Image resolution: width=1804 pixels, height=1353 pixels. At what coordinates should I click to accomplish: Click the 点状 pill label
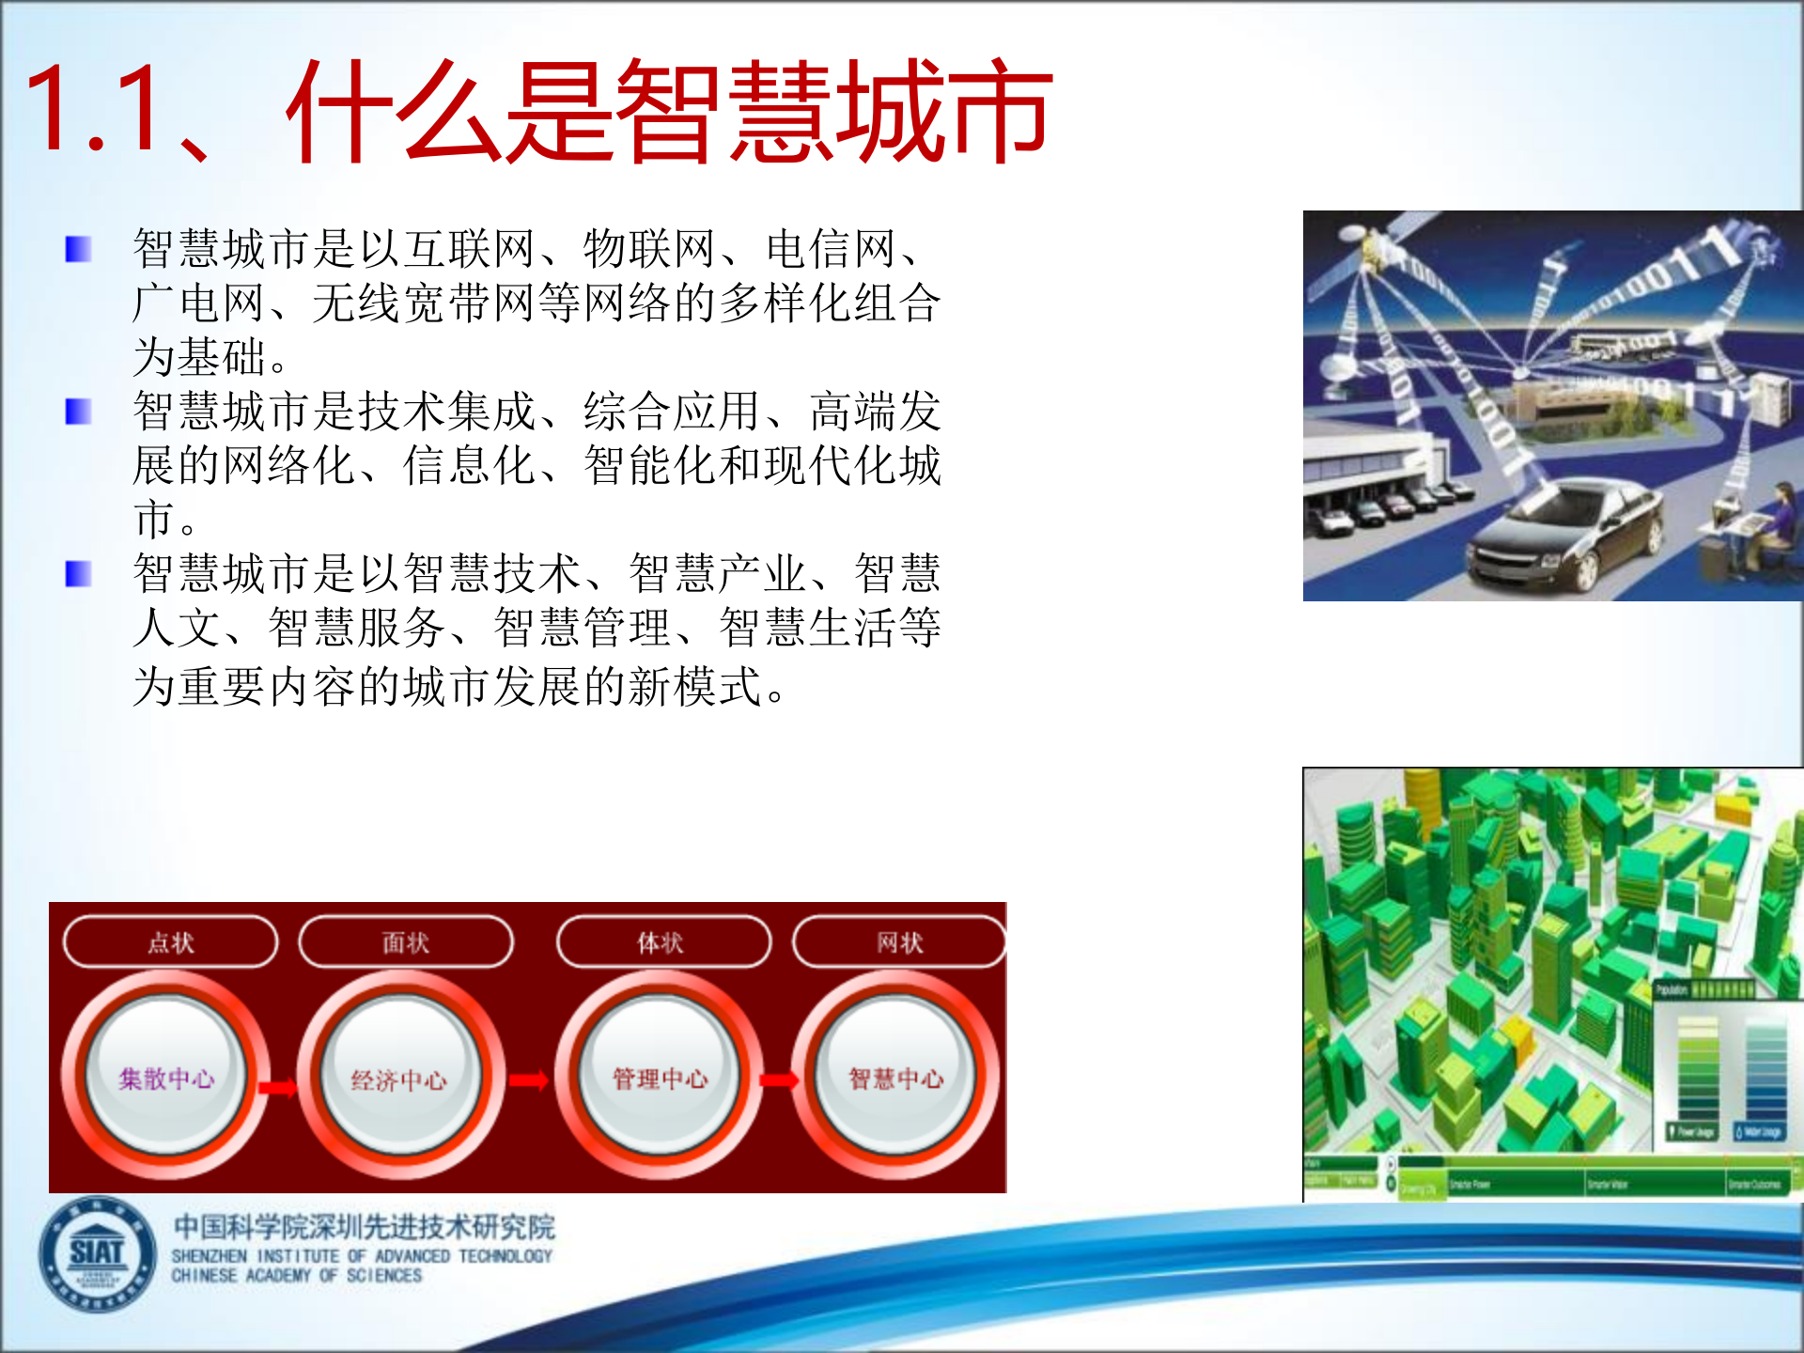point(171,941)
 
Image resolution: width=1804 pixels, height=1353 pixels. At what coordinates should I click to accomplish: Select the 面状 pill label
point(406,941)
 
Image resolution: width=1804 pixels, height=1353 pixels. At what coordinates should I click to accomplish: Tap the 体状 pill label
point(662,941)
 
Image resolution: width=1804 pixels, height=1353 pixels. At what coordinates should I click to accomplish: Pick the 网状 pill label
point(899,941)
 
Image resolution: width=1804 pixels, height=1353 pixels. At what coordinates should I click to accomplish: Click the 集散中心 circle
point(166,1077)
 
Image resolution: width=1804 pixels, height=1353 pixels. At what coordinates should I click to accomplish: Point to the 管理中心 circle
point(660,1077)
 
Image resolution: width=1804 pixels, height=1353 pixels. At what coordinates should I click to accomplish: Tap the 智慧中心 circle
point(895,1077)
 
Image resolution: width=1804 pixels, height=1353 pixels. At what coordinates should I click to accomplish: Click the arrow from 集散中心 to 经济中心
point(278,1087)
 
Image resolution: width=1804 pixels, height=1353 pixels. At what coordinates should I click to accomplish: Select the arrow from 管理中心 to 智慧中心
point(779,1081)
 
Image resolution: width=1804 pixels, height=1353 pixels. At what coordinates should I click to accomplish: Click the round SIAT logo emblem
point(97,1253)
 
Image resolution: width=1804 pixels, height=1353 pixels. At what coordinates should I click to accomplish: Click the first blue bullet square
point(78,249)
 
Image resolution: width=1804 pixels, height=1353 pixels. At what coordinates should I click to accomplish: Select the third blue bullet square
point(78,573)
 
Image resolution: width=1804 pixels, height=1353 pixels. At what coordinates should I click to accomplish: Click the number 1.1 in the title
point(94,110)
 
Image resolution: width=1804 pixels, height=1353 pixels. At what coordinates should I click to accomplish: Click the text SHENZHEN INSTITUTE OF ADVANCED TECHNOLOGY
point(362,1256)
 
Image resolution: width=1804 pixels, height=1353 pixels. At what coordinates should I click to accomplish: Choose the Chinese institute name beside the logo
point(365,1226)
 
